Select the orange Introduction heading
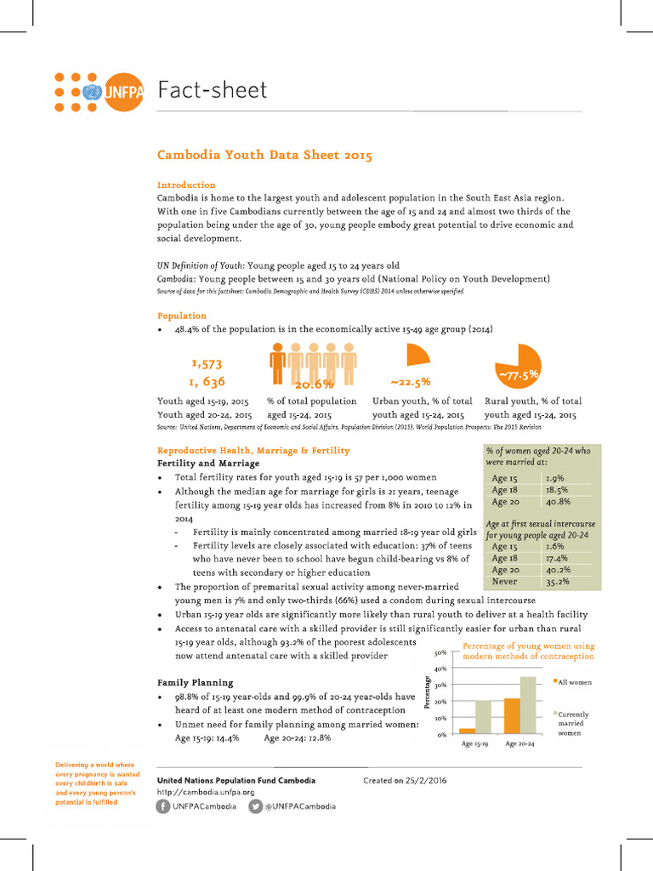point(186,185)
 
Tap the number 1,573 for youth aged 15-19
point(207,363)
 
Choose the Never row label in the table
point(505,582)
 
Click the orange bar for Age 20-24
point(511,716)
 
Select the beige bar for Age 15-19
point(483,717)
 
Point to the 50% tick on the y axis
point(440,653)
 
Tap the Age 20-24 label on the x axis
point(520,743)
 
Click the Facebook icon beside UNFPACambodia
point(163,806)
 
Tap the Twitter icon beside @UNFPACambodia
point(255,806)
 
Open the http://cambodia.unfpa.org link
point(206,792)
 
